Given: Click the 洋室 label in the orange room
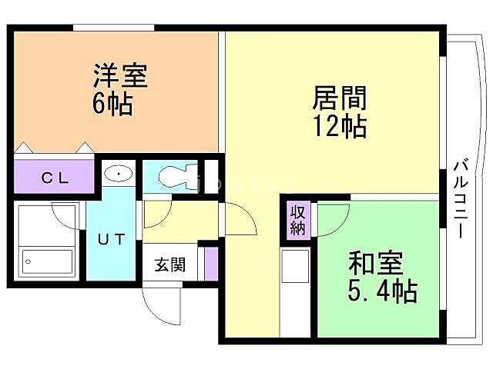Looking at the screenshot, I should pyautogui.click(x=119, y=78).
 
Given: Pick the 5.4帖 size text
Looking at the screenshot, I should pyautogui.click(x=382, y=291).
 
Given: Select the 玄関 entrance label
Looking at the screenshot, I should pyautogui.click(x=169, y=266).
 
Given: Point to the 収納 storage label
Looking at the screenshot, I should pyautogui.click(x=298, y=220).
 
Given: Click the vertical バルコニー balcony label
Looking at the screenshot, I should pyautogui.click(x=461, y=197).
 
